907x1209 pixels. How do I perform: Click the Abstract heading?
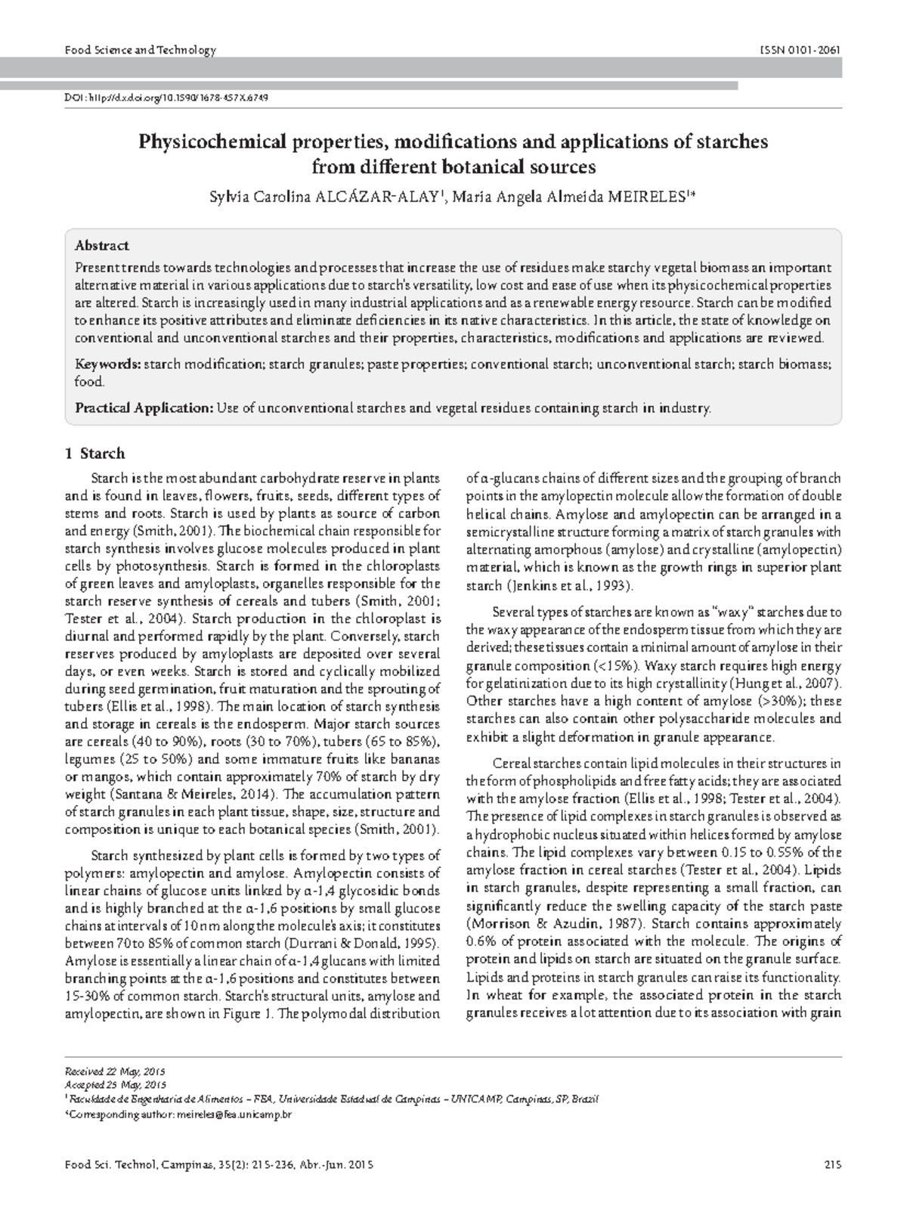pyautogui.click(x=101, y=246)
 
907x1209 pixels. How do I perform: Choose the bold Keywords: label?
pyautogui.click(x=107, y=364)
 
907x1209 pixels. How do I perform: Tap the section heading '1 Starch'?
pyautogui.click(x=95, y=454)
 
